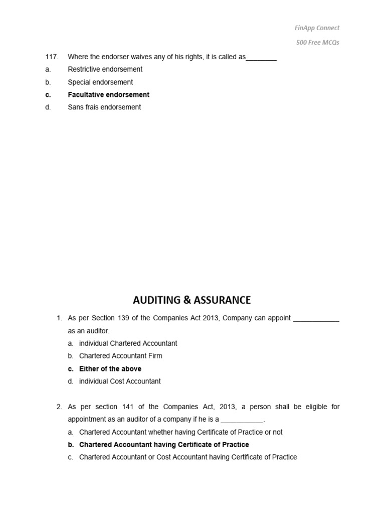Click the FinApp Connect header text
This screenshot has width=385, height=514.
[317, 28]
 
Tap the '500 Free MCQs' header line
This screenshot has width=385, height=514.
[317, 43]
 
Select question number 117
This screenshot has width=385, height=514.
[52, 57]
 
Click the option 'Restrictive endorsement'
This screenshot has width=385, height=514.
[105, 69]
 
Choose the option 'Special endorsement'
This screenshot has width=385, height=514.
[100, 82]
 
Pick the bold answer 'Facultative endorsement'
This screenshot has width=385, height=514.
[108, 94]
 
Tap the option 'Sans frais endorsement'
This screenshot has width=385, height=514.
[104, 107]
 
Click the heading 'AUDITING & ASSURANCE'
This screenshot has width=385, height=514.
[192, 300]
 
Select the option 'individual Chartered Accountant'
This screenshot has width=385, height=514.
[128, 343]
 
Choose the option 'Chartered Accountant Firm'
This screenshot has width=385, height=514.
[120, 356]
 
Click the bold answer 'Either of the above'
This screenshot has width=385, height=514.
[110, 368]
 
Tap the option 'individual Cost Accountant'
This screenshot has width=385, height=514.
[120, 381]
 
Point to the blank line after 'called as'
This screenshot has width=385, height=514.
[261, 58]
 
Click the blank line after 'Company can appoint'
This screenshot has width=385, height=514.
[316, 320]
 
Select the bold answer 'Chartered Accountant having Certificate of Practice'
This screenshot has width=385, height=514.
[164, 445]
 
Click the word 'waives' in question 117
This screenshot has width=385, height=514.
[134, 57]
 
